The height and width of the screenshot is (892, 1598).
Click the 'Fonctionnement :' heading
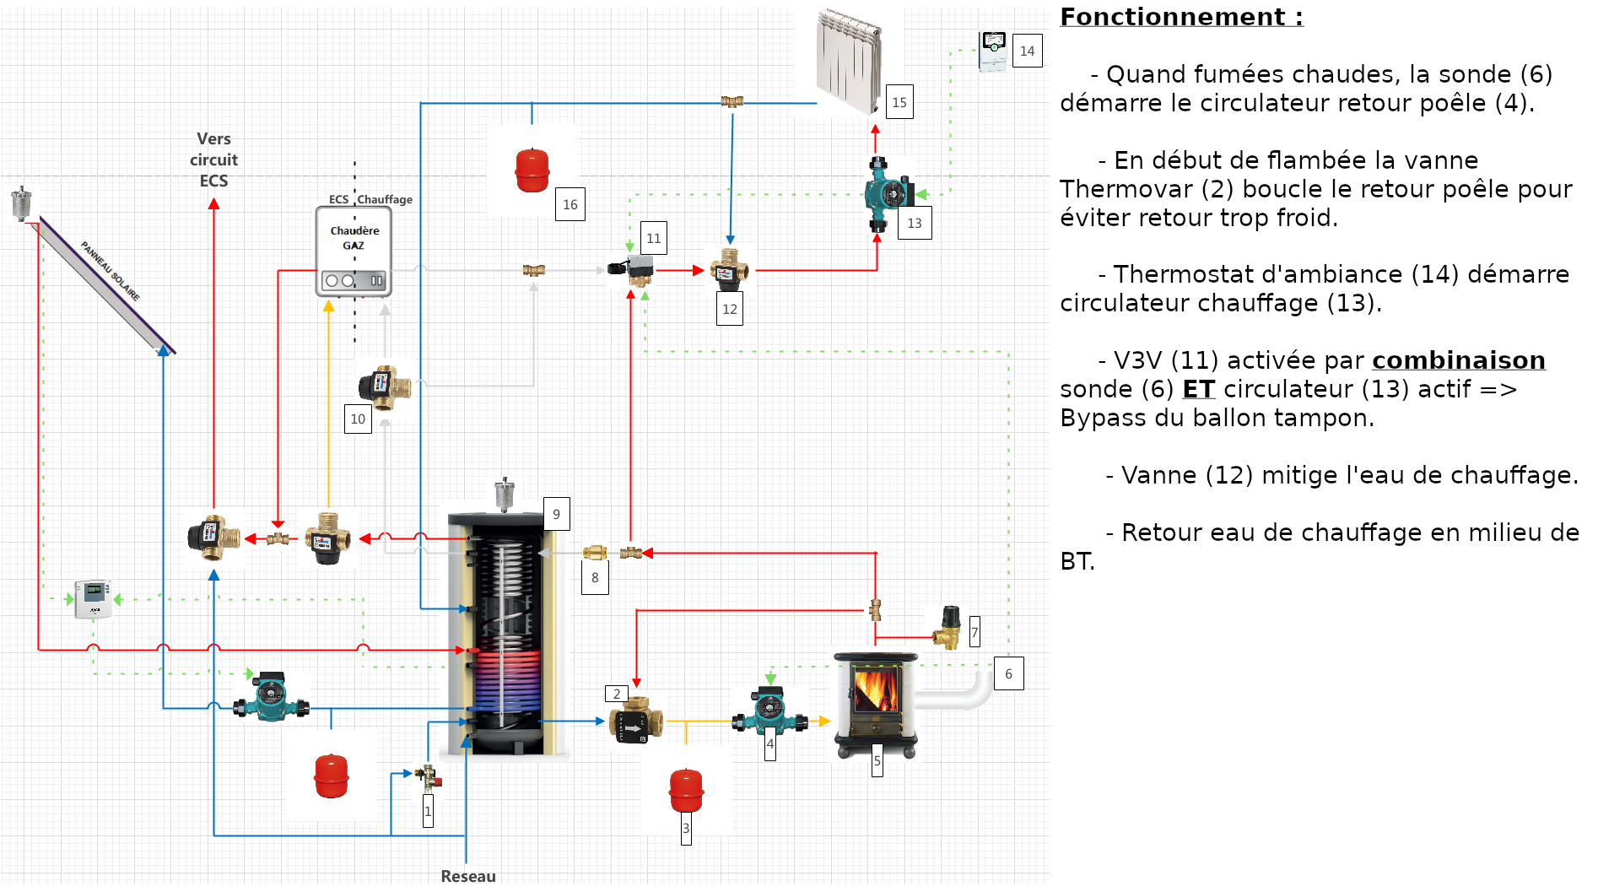[1181, 17]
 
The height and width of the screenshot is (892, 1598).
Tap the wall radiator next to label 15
[849, 61]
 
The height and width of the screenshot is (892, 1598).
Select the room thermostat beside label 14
[993, 51]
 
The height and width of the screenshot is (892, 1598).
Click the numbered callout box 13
[915, 223]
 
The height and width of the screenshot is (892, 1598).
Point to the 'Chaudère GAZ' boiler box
[354, 251]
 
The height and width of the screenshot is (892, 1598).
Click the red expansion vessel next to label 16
[532, 170]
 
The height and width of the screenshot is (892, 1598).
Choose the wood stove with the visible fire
[875, 705]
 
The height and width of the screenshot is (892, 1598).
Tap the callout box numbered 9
[556, 514]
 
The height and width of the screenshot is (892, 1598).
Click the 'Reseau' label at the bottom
[468, 876]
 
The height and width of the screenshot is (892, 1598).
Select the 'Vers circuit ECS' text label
[213, 159]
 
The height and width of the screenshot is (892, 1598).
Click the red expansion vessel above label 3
[686, 791]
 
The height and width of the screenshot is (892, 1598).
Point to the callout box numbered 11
[654, 238]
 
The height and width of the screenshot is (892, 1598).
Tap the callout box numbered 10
[358, 419]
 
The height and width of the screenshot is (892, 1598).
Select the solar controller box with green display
[93, 598]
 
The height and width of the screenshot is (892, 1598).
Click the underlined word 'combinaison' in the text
[1458, 360]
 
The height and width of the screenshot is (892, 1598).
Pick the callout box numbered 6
[1008, 673]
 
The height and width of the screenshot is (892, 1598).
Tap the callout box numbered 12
[730, 309]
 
